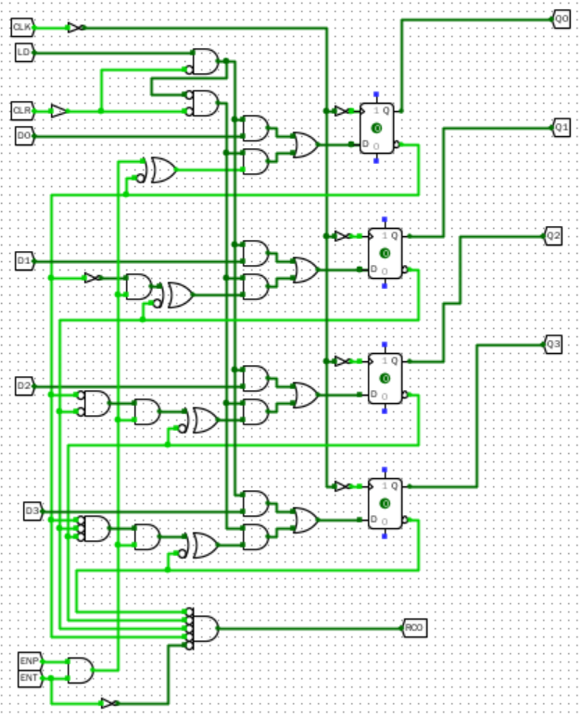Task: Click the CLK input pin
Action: pyautogui.click(x=22, y=27)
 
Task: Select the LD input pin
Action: pyautogui.click(x=24, y=52)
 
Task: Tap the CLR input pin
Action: pyautogui.click(x=22, y=110)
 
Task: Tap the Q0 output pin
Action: pyautogui.click(x=562, y=19)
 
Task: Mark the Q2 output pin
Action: pyautogui.click(x=553, y=235)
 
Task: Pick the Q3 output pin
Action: pyautogui.click(x=553, y=345)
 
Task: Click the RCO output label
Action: pyautogui.click(x=414, y=628)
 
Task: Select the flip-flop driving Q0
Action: pyautogui.click(x=377, y=127)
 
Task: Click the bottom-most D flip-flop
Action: pyautogui.click(x=385, y=503)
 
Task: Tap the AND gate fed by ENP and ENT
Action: pyautogui.click(x=81, y=670)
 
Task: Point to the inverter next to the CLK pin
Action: pyautogui.click(x=76, y=27)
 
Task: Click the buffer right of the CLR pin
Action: pyautogui.click(x=58, y=110)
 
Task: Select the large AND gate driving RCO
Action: pyautogui.click(x=204, y=627)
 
